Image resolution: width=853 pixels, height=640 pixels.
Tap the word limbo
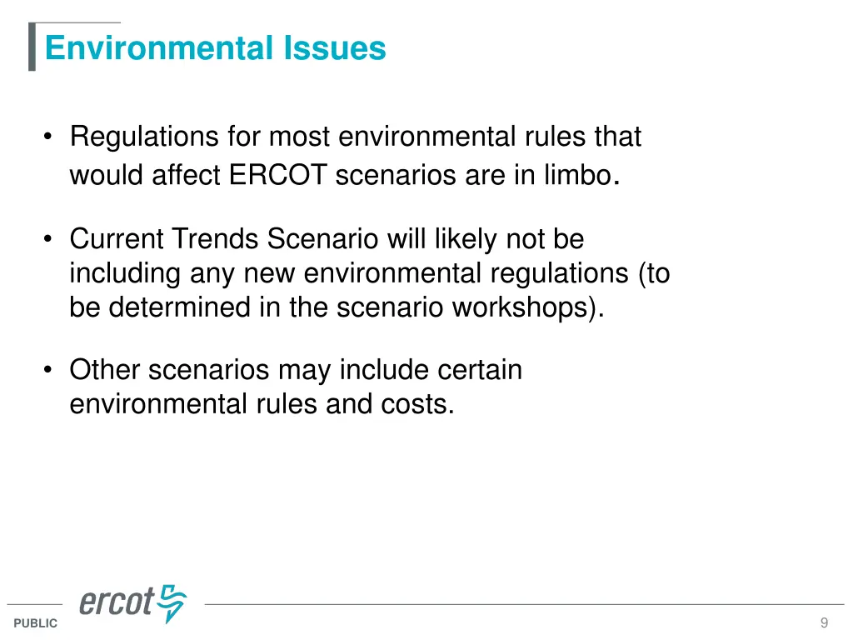579,176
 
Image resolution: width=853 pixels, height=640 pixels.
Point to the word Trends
216,239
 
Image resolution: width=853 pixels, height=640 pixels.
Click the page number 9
824,622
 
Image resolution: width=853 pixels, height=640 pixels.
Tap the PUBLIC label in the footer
36,623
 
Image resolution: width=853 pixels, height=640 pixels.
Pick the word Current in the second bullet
117,239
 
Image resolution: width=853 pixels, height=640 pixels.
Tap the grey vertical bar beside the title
32,47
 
